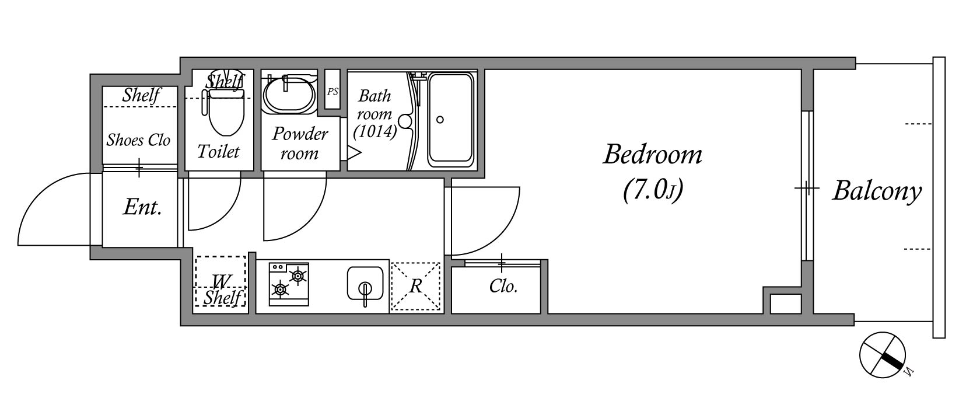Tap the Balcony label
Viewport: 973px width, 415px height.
click(x=876, y=191)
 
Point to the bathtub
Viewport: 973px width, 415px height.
click(x=450, y=119)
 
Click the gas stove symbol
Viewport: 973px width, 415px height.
click(x=289, y=283)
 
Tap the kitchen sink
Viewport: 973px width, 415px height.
click(x=365, y=284)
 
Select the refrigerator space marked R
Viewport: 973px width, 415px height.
click(x=415, y=287)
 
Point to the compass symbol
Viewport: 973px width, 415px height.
click(x=882, y=354)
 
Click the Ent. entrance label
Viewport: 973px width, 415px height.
click(x=142, y=207)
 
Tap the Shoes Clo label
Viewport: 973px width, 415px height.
click(x=138, y=140)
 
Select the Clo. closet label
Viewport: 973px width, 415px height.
click(x=503, y=287)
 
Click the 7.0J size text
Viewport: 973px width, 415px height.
click(x=652, y=190)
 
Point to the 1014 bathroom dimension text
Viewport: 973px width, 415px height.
click(x=375, y=132)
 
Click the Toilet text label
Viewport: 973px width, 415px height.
click(x=218, y=152)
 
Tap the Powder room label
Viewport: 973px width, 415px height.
click(x=300, y=144)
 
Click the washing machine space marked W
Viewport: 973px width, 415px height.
click(x=220, y=281)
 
